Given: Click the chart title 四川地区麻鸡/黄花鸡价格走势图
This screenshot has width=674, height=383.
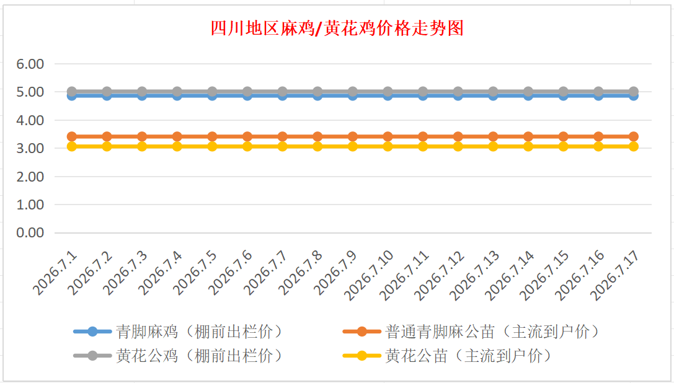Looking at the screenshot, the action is tap(337, 29).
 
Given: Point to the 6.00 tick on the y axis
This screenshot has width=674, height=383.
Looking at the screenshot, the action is tap(30, 64).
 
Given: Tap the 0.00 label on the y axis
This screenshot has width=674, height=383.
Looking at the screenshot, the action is tap(30, 232).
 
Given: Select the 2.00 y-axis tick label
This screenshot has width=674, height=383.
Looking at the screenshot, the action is tap(30, 177).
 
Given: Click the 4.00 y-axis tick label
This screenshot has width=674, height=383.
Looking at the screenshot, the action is tap(30, 120).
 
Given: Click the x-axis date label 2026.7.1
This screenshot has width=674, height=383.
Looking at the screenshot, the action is tap(55, 273).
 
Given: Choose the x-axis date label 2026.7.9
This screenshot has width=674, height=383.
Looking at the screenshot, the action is tap(336, 273).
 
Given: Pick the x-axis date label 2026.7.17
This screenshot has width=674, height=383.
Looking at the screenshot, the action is tap(614, 276).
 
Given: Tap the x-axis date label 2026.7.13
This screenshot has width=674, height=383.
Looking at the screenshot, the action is tap(474, 276).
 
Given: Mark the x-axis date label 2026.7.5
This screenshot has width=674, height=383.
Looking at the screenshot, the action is tap(196, 273).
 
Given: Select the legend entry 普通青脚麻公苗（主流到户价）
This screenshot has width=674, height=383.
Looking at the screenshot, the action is tap(471, 332).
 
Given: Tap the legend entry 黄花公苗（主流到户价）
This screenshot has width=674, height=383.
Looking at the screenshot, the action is tap(448, 356).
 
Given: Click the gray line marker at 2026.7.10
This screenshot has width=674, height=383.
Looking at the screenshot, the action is tap(388, 92).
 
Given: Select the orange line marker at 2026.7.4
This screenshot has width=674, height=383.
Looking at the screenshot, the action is tap(177, 137).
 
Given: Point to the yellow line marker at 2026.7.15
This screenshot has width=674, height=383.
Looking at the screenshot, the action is tap(563, 146).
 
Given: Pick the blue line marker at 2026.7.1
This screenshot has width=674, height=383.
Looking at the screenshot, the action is tap(72, 96).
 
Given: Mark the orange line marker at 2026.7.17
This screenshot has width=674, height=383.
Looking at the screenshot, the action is tap(634, 137).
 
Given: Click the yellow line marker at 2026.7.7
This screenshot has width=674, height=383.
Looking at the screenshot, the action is tap(282, 146).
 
